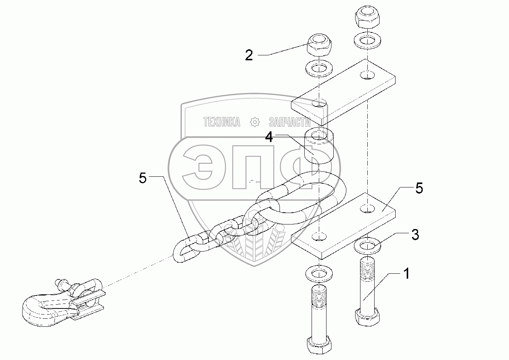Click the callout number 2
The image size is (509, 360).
(249, 55)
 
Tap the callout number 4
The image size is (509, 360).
(270, 137)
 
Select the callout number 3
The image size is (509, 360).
(415, 235)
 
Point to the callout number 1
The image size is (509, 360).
(407, 273)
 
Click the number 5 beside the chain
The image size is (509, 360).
(143, 178)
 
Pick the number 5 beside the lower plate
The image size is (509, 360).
(419, 189)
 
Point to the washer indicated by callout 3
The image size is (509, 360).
(367, 246)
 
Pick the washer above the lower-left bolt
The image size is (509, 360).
(319, 273)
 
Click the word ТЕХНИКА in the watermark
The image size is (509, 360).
(222, 122)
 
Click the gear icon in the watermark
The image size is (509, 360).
(255, 122)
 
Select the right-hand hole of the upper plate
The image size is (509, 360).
(367, 75)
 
